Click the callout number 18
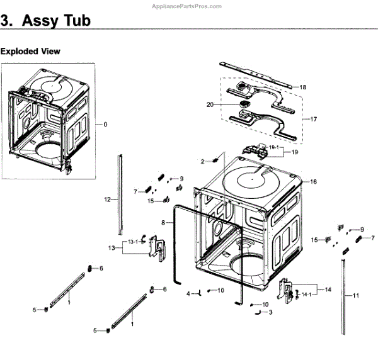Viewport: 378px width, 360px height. [302, 87]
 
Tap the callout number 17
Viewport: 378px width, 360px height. [307, 118]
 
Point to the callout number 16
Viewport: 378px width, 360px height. [312, 181]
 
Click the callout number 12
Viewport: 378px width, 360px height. [107, 200]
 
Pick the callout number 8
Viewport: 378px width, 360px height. [163, 223]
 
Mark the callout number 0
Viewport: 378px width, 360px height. [105, 124]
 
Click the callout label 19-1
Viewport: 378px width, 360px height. [273, 147]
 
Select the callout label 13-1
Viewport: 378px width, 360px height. [133, 242]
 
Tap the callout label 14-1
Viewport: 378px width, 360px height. [307, 294]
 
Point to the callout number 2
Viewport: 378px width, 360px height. [203, 162]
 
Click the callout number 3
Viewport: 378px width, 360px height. [271, 312]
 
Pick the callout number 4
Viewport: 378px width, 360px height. [188, 293]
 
